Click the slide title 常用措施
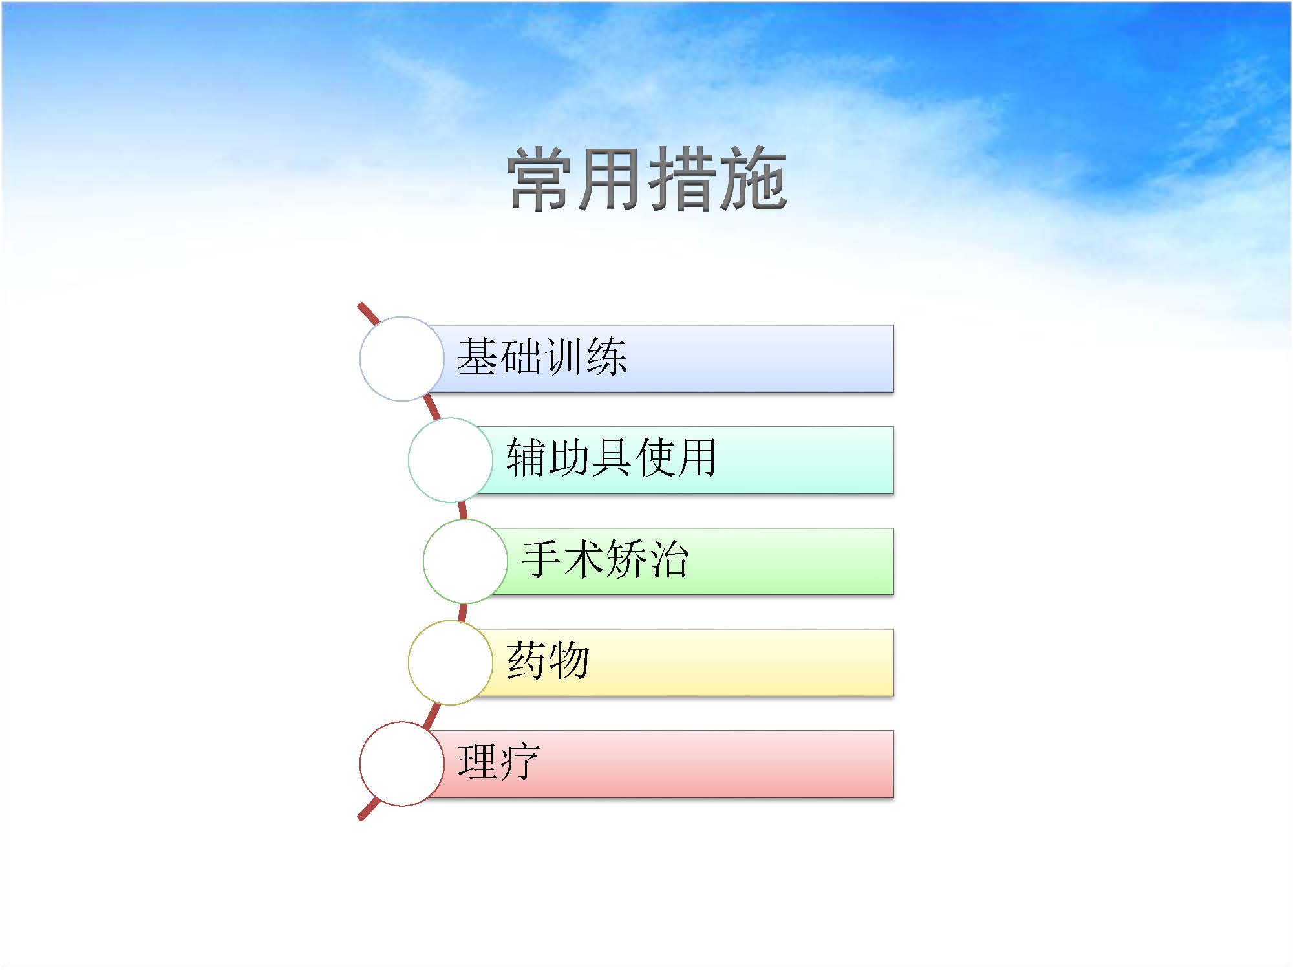click(647, 179)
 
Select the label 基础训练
click(542, 357)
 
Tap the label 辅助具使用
click(611, 458)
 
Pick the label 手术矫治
click(605, 559)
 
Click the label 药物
click(548, 660)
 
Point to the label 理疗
click(498, 762)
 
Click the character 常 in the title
click(542, 179)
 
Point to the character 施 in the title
click(753, 179)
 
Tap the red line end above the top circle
click(360, 305)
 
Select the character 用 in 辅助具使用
click(696, 458)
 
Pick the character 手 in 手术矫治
click(542, 559)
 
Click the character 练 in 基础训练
click(608, 357)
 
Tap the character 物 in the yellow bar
click(569, 660)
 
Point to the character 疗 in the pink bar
click(520, 762)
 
